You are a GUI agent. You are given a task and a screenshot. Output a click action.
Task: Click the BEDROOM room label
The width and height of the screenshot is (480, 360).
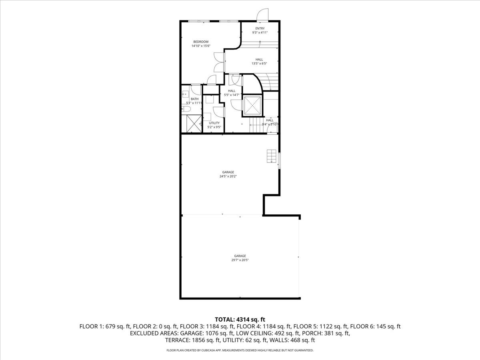(x=201, y=42)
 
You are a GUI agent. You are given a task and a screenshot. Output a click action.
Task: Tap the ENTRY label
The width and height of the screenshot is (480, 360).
(x=260, y=28)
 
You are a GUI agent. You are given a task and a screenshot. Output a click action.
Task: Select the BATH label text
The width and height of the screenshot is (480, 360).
(x=194, y=99)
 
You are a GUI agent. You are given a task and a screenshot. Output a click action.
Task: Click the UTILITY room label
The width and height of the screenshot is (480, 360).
(x=214, y=123)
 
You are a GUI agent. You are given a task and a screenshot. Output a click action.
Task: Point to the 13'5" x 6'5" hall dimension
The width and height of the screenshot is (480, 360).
(x=259, y=63)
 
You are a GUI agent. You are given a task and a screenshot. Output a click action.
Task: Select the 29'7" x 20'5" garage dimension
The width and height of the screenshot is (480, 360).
(x=240, y=260)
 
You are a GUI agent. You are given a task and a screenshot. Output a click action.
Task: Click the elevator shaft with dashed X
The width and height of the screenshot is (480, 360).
(x=252, y=105)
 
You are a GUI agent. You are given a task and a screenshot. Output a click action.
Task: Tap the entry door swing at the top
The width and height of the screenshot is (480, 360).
(x=263, y=15)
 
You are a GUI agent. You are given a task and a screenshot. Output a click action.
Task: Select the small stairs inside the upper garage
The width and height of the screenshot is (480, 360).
(x=272, y=156)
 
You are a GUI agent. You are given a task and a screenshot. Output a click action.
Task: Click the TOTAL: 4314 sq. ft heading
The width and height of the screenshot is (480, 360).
(x=240, y=319)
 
